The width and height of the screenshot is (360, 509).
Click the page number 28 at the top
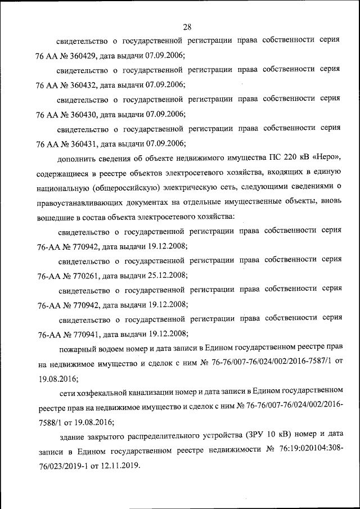tap(188, 26)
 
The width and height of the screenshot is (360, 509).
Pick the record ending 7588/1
tap(50, 421)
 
